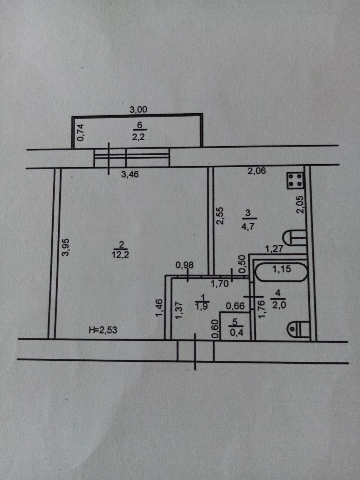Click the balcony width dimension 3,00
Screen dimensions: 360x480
click(x=138, y=110)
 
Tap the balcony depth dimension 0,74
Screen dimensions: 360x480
click(x=81, y=132)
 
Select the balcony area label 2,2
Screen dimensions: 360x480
click(x=138, y=137)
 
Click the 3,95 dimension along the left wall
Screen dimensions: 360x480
click(x=66, y=247)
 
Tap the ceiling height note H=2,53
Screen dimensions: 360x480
click(x=103, y=330)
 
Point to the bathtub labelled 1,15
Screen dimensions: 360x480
click(x=281, y=269)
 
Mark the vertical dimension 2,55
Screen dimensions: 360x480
click(x=220, y=216)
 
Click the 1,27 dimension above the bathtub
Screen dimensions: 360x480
click(x=274, y=248)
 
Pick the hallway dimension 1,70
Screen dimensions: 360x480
click(x=220, y=284)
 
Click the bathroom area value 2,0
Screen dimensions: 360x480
click(x=279, y=305)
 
